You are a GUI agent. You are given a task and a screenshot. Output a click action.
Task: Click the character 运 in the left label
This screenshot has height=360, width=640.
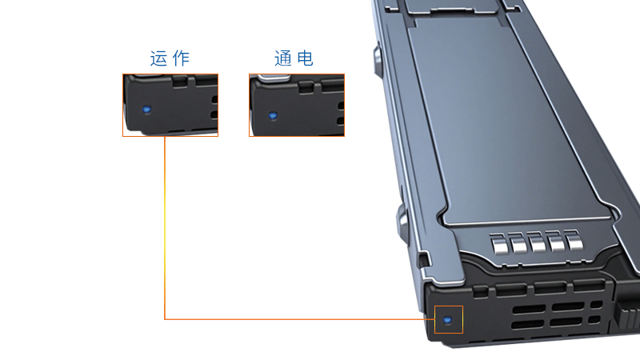(158, 58)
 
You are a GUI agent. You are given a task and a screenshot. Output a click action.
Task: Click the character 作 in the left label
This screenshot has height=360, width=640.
(182, 58)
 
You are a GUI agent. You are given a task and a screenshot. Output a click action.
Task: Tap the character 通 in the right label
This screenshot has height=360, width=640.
(282, 58)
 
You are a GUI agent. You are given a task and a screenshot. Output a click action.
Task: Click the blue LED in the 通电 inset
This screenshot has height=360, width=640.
(273, 116)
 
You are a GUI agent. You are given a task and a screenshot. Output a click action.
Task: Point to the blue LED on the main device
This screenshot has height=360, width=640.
(447, 321)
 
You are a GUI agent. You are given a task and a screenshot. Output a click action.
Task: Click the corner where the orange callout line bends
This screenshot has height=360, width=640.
(165, 319)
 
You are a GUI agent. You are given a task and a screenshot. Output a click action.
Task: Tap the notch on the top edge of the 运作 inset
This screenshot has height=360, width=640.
(181, 81)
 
